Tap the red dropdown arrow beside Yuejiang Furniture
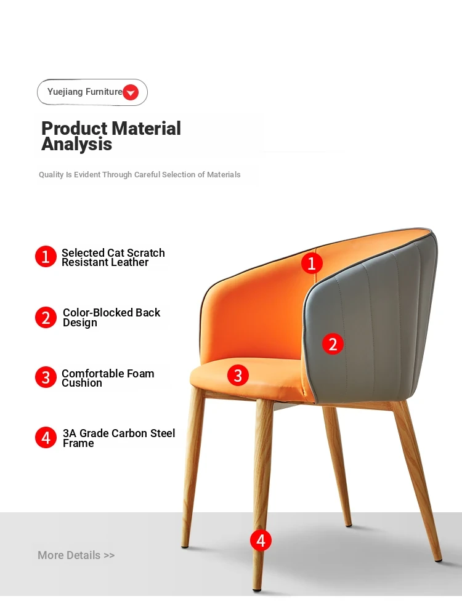pos(131,92)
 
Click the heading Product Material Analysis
pos(111,136)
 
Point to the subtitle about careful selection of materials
pos(139,174)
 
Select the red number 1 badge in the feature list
pos(46,257)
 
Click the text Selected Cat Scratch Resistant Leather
pos(113,257)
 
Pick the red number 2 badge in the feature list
pos(46,318)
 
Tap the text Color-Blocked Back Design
pos(111,318)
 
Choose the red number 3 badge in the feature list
pos(46,377)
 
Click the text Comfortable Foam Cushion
pos(108,378)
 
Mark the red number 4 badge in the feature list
pos(46,438)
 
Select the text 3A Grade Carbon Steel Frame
pos(119,438)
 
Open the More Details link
pos(76,555)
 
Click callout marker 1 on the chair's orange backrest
pos(312,263)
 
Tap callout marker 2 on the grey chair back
pos(333,344)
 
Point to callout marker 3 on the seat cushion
pos(238,376)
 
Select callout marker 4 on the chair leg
pos(261,541)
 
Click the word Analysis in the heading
pos(76,145)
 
